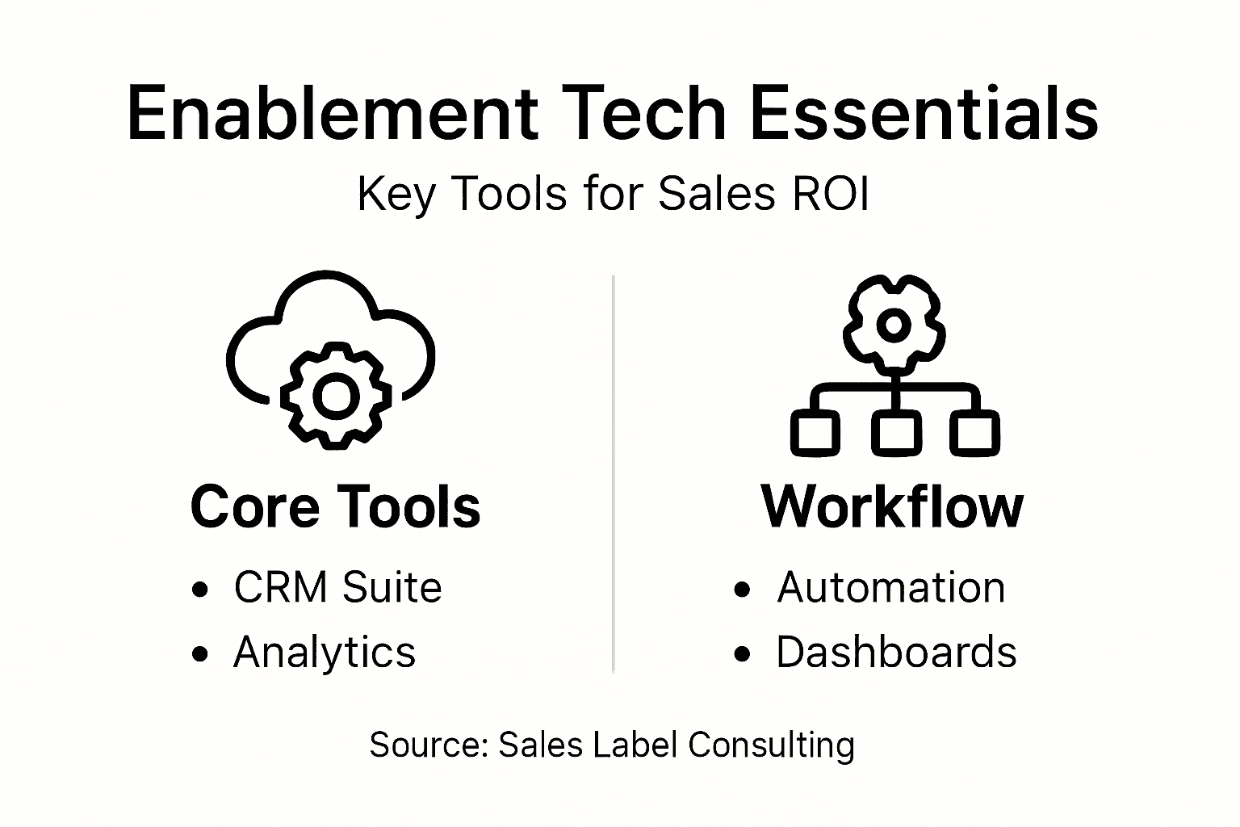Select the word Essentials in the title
(x=924, y=113)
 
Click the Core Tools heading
(x=335, y=507)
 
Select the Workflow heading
(x=892, y=507)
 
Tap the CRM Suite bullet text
(x=337, y=587)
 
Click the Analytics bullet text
(x=324, y=652)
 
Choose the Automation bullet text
(x=891, y=587)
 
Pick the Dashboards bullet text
(x=896, y=652)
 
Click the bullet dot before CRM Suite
(x=200, y=590)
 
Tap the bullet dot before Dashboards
(x=743, y=654)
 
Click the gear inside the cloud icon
(x=335, y=396)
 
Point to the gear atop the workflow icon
(x=893, y=324)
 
